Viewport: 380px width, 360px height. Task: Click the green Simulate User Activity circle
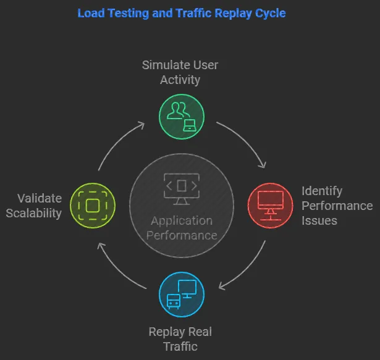tap(181, 115)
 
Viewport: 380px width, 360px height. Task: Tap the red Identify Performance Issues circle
tap(270, 205)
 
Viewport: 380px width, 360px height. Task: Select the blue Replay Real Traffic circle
tap(181, 294)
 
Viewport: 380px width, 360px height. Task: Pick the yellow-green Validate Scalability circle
tap(92, 205)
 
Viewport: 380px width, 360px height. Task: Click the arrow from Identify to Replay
tap(244, 267)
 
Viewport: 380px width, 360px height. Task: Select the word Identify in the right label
tap(321, 191)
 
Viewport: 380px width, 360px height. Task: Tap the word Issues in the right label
tap(319, 220)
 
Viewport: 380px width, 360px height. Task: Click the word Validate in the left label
tap(40, 198)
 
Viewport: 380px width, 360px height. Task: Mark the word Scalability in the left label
tap(38, 213)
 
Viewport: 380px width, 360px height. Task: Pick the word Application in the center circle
tap(181, 221)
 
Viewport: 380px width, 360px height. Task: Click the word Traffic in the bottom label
tap(180, 347)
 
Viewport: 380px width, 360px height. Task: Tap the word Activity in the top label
tap(180, 80)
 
